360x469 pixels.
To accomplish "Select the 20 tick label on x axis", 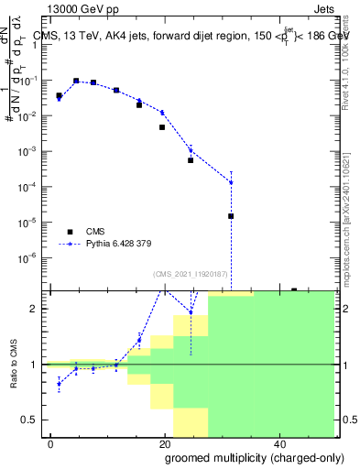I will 165,442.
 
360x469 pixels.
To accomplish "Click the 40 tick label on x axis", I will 278,442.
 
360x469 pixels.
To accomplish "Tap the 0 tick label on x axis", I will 51,442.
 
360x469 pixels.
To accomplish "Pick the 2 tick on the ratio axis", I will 36,309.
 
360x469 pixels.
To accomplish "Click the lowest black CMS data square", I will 231,216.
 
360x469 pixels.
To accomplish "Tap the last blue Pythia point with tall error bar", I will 231,182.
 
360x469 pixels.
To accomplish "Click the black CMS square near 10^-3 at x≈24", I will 191,160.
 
